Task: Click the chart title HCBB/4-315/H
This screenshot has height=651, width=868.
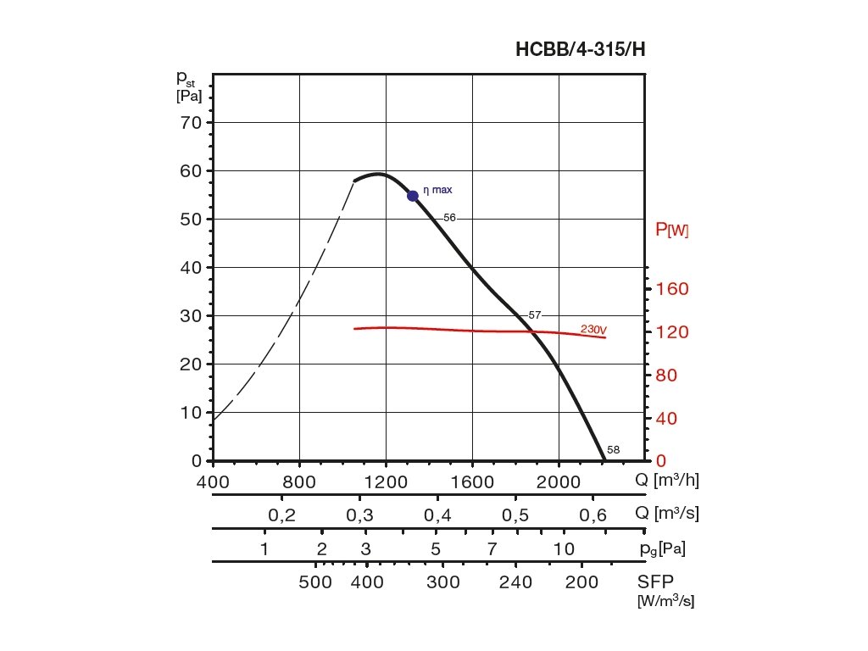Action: [581, 49]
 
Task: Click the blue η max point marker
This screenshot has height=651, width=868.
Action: [413, 196]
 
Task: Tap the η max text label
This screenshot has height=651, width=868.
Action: [437, 190]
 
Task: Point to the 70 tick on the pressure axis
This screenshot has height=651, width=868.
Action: [191, 123]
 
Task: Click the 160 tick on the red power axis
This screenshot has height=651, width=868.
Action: [671, 289]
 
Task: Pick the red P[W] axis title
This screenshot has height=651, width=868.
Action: [672, 230]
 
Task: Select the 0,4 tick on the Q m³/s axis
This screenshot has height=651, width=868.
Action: [437, 515]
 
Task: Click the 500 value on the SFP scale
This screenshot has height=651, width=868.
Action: [316, 582]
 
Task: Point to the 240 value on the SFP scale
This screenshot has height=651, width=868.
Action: [515, 582]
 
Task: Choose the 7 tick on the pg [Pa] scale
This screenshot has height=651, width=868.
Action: [492, 548]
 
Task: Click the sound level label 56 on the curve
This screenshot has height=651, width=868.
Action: [449, 218]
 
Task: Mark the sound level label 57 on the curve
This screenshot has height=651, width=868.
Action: [534, 315]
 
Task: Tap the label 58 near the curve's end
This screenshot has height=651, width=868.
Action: [614, 450]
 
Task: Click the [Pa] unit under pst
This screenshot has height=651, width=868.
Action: [189, 96]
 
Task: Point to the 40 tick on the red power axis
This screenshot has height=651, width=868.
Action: [671, 419]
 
